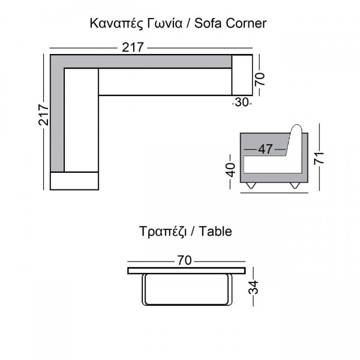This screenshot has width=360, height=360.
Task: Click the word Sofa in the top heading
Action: click(x=208, y=23)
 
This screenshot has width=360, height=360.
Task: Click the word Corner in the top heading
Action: click(x=246, y=23)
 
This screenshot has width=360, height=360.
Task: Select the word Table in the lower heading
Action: click(x=215, y=231)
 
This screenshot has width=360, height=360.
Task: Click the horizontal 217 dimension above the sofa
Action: click(x=133, y=47)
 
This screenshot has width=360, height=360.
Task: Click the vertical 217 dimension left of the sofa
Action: click(x=43, y=115)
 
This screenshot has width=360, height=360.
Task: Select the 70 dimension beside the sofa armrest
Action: click(x=260, y=79)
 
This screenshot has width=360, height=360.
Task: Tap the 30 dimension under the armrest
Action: click(x=242, y=102)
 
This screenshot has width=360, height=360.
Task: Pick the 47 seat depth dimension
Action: click(x=265, y=149)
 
